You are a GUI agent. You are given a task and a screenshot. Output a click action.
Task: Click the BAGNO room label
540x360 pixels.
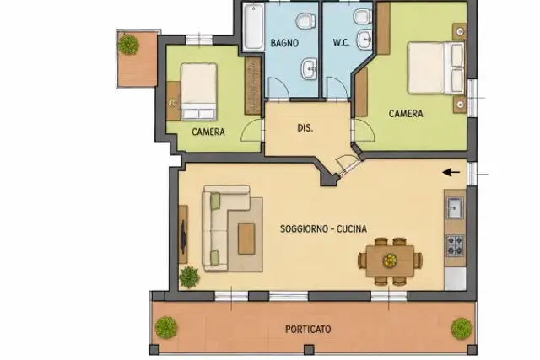284,43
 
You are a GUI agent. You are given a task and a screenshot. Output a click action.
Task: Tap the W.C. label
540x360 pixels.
341,43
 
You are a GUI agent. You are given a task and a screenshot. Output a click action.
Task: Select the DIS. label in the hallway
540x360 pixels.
305,128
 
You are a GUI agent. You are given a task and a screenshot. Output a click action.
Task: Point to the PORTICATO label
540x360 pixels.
308,330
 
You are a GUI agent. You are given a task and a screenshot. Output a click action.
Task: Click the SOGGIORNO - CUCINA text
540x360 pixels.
323,228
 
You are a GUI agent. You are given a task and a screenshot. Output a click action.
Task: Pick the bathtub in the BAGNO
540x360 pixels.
253,27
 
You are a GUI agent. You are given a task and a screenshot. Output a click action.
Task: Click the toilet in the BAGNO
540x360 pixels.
305,20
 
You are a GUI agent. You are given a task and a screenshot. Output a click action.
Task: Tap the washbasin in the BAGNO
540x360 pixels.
310,68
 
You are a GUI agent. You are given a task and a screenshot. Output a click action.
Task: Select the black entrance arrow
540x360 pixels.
451,172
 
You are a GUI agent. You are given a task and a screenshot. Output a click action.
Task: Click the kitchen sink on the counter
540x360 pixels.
455,207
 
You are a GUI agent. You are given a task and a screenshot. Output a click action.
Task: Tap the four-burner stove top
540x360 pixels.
455,245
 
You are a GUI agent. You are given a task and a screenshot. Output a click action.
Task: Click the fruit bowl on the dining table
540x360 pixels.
390,261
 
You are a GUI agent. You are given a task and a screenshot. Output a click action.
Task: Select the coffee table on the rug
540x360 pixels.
246,239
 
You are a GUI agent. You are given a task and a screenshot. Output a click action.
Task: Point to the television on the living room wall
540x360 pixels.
183,237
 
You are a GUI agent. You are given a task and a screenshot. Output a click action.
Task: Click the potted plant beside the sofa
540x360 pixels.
189,277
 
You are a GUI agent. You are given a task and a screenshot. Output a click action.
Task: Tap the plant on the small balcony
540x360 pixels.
128,45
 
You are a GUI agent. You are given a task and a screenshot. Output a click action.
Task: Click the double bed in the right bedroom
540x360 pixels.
436,67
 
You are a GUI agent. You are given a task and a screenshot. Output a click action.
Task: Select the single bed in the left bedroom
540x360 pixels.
199,91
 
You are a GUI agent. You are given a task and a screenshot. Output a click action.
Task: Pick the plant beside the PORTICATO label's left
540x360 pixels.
166,327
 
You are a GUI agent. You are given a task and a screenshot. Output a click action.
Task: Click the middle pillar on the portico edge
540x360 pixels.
309,350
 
